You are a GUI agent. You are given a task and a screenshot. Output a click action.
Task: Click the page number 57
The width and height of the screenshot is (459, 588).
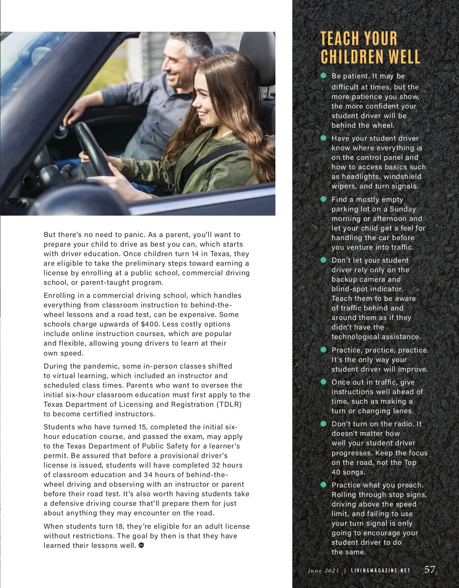(430, 569)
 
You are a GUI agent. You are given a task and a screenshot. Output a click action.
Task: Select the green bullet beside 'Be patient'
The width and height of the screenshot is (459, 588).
(324, 76)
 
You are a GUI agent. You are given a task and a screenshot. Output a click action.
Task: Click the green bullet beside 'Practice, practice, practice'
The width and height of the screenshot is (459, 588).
(324, 350)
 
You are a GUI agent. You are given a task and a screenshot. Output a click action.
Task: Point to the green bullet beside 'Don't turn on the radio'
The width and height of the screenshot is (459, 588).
(324, 424)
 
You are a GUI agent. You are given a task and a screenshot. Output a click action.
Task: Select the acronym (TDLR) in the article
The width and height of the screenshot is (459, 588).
(229, 404)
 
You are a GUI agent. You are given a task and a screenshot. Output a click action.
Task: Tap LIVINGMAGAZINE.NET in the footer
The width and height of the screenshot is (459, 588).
(380, 570)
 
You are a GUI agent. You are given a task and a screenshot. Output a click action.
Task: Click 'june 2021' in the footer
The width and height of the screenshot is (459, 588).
(324, 570)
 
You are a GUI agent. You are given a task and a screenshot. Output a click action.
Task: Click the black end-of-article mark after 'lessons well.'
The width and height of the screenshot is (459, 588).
(141, 545)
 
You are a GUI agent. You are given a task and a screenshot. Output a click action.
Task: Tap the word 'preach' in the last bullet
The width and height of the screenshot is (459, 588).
(410, 485)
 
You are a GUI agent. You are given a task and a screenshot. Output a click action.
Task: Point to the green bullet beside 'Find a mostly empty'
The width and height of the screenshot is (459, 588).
(324, 199)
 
